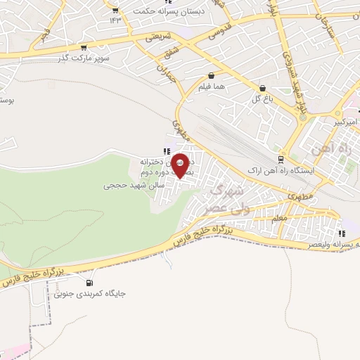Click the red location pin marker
click(181, 165)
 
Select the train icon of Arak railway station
click(281, 160)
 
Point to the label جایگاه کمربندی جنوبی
click(89, 295)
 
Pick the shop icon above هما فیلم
click(212, 75)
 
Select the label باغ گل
click(262, 99)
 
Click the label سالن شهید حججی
click(134, 186)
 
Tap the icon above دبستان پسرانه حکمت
click(115, 10)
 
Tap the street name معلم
click(278, 219)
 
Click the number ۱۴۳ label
click(115, 19)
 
